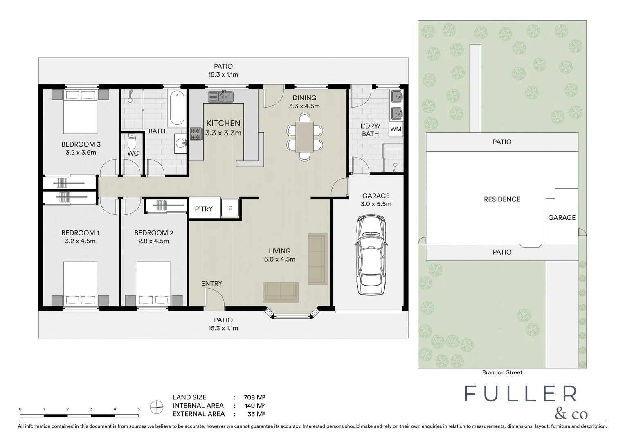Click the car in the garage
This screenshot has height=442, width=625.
(371, 255)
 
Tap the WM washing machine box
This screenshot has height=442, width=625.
(396, 129)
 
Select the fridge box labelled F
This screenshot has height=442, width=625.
(230, 209)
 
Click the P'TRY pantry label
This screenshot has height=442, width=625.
(204, 209)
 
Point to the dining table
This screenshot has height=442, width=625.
(304, 137)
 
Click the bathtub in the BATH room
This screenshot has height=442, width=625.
(176, 108)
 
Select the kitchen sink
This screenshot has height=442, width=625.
(220, 97)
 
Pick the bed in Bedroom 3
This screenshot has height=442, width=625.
(80, 110)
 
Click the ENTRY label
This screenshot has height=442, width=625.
(211, 283)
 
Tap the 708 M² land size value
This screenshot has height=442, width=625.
(254, 397)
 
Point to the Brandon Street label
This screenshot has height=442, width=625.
(502, 372)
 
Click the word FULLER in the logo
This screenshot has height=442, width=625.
(521, 394)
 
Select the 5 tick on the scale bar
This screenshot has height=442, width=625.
(139, 409)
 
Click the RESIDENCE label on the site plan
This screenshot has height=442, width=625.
(502, 199)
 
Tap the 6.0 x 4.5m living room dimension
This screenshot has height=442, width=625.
(279, 259)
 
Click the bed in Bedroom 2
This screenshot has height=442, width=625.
(153, 284)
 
